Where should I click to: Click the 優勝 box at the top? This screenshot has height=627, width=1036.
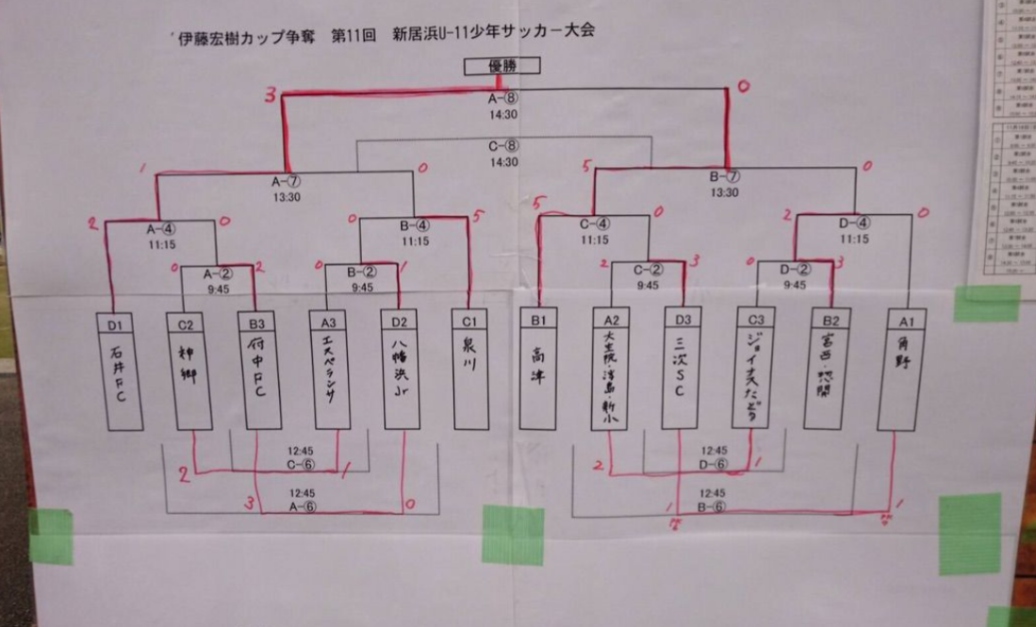click(x=502, y=66)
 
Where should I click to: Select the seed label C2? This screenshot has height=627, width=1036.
click(x=187, y=322)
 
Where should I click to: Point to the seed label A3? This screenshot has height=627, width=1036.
click(x=329, y=322)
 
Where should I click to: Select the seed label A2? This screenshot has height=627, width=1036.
click(x=610, y=322)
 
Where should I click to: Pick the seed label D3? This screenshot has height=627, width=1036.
click(x=681, y=322)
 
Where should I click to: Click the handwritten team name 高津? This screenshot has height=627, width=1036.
click(x=539, y=361)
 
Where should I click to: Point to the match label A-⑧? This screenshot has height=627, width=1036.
click(x=502, y=99)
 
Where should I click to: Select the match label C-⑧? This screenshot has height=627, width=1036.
click(x=502, y=146)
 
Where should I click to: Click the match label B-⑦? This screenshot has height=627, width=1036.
click(x=725, y=176)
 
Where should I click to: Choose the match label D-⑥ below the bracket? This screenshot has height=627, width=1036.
click(x=714, y=464)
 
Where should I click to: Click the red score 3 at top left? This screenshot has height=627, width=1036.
click(x=271, y=95)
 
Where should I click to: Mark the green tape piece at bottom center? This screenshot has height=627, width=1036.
click(x=513, y=535)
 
